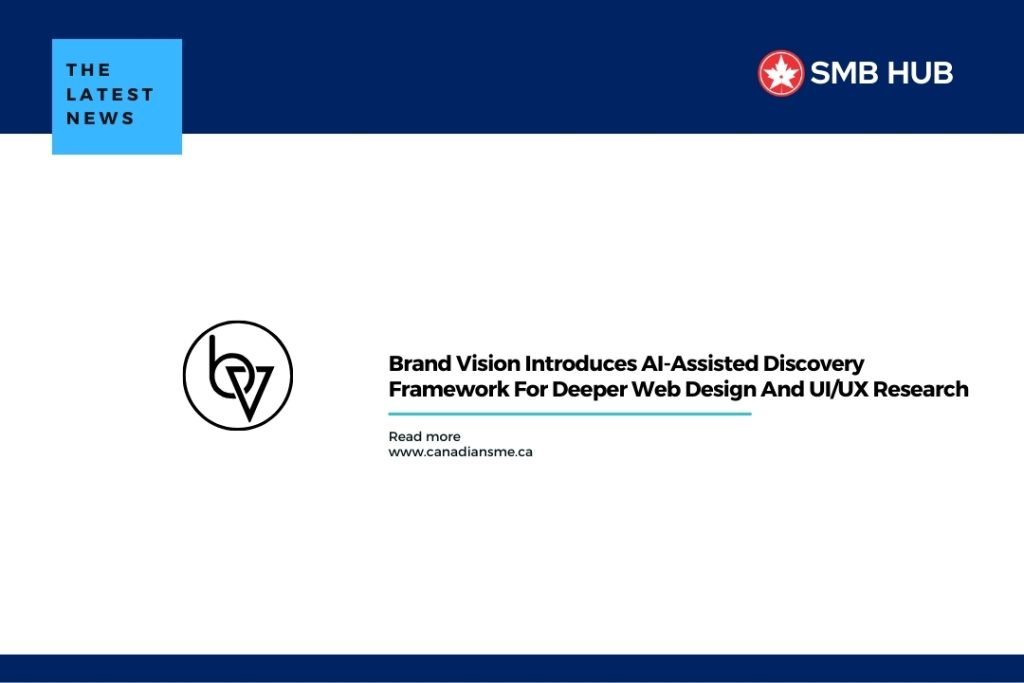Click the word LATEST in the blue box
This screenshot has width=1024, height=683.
pos(110,94)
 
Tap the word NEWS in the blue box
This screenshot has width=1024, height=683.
pos(101,118)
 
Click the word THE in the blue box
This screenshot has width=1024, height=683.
pos(89,70)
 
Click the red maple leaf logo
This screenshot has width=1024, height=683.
pos(780,73)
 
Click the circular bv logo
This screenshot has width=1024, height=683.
pos(238,375)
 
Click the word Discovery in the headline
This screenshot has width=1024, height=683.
pos(814,364)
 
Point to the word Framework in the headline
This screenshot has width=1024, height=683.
pos(449,389)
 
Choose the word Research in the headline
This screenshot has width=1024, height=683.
pos(921,389)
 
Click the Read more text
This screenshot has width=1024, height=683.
pos(424,436)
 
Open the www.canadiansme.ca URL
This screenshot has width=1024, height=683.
pos(460,452)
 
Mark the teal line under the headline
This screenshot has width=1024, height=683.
pos(569,413)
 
